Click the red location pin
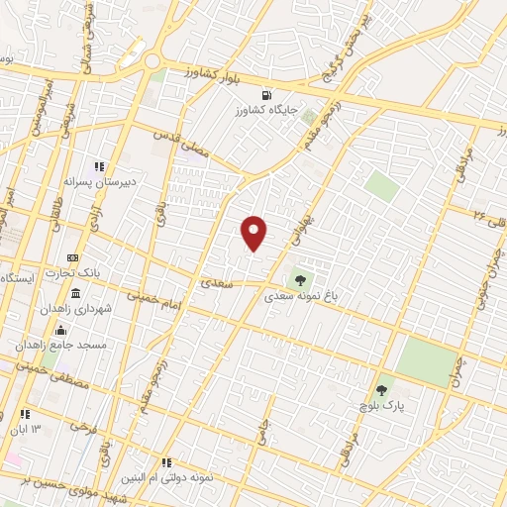point(254,231)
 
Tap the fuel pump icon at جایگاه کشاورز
point(312,102)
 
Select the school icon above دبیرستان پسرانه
point(98,166)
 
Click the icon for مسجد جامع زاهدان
point(61,331)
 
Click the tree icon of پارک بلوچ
point(382,390)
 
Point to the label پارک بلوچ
point(382,407)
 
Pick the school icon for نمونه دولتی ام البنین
point(166,462)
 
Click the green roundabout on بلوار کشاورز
point(154,61)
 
